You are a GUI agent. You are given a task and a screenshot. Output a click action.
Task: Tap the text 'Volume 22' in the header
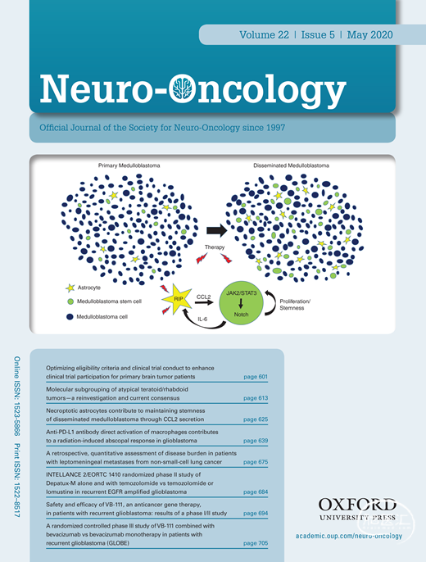(264, 34)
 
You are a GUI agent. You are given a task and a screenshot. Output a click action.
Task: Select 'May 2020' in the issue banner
(369, 34)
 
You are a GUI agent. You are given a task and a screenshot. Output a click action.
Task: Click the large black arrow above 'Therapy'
(216, 230)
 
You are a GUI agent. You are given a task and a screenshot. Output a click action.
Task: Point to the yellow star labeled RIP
(177, 299)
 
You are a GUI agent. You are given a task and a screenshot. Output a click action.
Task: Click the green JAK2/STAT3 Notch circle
(241, 304)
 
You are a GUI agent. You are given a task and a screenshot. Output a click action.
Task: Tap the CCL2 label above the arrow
(203, 297)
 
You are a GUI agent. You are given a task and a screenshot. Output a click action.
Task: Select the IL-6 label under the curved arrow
(202, 319)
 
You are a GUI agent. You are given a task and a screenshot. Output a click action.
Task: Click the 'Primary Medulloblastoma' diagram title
(129, 165)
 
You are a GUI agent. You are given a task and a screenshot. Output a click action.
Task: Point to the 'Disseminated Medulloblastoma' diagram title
(291, 165)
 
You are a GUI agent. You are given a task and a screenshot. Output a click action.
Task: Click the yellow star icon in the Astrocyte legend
(70, 288)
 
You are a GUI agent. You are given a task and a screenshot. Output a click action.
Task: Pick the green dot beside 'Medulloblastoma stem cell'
(70, 301)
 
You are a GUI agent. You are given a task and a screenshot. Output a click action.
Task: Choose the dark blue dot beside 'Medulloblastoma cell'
(70, 317)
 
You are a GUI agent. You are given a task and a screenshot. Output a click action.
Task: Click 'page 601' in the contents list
(256, 377)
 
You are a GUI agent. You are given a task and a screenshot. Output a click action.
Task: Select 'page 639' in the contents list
(256, 441)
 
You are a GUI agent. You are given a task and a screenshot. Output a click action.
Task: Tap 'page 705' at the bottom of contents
(256, 543)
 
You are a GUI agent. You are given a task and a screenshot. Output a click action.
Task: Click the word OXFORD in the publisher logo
(357, 505)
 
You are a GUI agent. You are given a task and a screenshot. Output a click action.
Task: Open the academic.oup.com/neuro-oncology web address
(349, 536)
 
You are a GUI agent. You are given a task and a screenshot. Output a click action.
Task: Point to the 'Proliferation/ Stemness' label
(295, 305)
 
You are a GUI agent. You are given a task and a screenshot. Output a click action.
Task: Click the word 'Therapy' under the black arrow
(215, 247)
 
